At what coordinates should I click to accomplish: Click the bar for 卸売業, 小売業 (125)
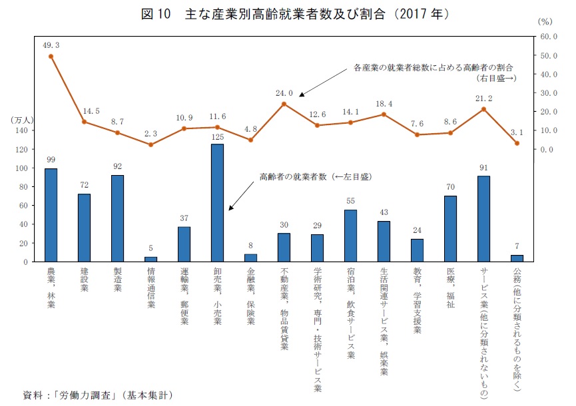217,203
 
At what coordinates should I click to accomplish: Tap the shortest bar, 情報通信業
150,259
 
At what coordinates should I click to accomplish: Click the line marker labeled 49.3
51,57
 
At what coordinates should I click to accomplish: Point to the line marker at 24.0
284,104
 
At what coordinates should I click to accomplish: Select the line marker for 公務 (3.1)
517,143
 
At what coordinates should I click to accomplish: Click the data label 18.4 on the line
384,104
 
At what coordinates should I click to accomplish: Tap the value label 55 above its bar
350,200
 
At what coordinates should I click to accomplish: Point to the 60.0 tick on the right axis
549,36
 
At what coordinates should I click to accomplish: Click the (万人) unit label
22,120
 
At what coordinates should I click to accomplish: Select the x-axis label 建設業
84,280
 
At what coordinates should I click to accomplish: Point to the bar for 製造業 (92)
117,218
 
